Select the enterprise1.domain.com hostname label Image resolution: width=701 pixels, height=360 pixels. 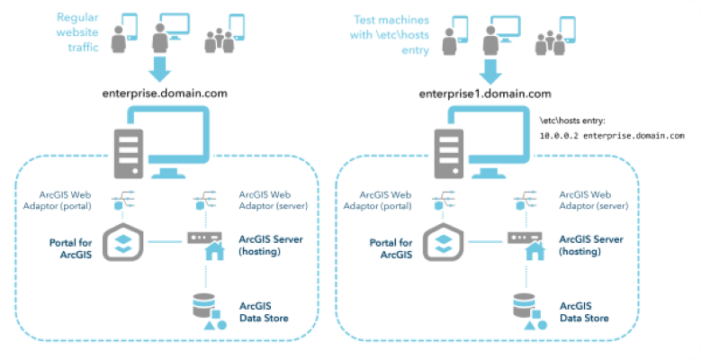click(x=484, y=94)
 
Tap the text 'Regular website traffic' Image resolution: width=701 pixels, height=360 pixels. click(x=79, y=31)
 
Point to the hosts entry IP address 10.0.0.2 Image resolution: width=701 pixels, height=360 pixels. click(x=560, y=136)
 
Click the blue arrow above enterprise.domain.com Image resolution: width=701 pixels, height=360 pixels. click(x=160, y=68)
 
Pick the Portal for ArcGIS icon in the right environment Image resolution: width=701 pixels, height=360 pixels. click(x=443, y=240)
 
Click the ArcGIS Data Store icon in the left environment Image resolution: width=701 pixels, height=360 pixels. click(x=206, y=311)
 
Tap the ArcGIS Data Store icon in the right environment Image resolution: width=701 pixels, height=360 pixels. click(x=527, y=311)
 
